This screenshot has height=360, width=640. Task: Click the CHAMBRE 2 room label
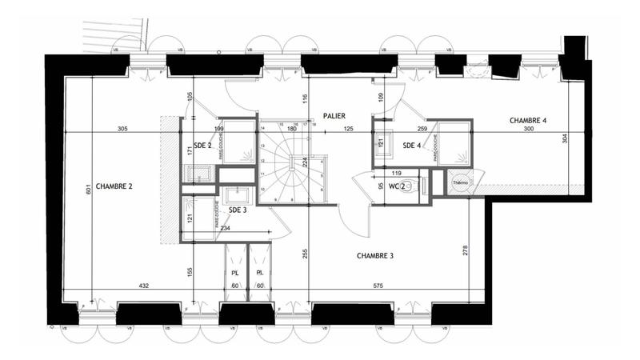point(114,186)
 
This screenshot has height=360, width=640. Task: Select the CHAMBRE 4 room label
point(528,121)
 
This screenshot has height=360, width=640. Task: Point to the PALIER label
point(334,116)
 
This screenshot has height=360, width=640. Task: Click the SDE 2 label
point(202,146)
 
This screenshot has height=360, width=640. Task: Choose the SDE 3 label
point(238,210)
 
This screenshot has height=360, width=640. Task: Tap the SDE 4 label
point(412,145)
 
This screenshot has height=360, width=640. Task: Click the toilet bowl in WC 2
point(406,187)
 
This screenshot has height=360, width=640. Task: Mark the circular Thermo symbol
point(460,182)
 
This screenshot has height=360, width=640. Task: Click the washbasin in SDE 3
point(237,195)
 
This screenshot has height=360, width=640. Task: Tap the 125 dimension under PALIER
point(348,129)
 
